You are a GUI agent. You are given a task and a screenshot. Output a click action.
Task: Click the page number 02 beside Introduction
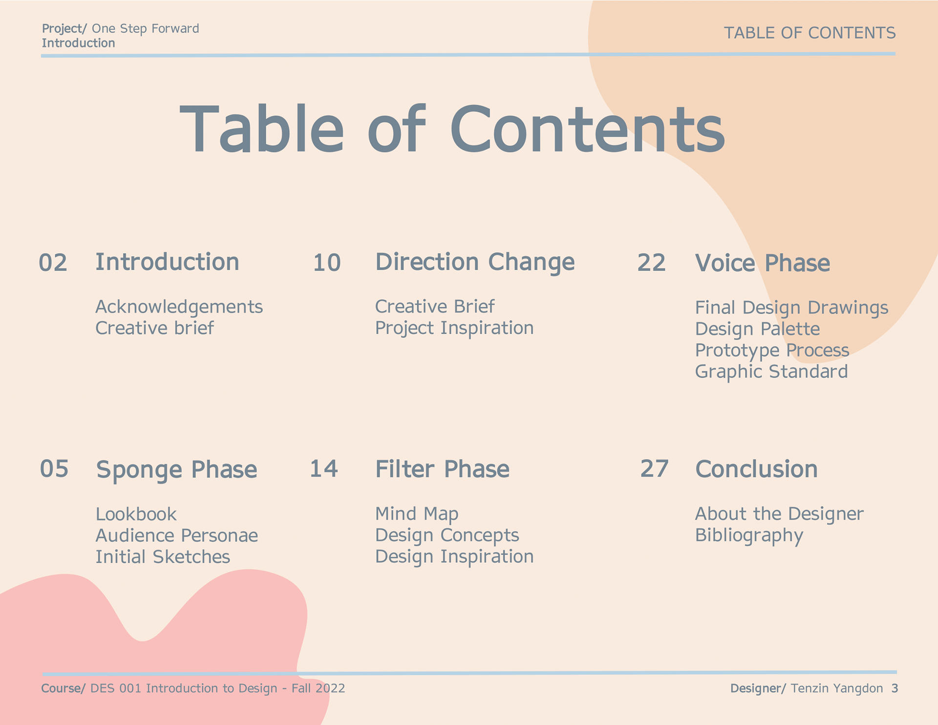pyautogui.click(x=53, y=263)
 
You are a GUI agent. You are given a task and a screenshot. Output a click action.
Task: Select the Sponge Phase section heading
pyautogui.click(x=176, y=470)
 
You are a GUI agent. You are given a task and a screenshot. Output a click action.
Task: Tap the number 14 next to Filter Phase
pyautogui.click(x=324, y=469)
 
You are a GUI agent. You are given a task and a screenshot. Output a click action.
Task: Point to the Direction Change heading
pyautogui.click(x=475, y=263)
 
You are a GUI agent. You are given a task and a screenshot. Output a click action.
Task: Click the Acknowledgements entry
pyautogui.click(x=179, y=307)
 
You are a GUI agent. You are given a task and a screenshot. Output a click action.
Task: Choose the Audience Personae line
pyautogui.click(x=177, y=535)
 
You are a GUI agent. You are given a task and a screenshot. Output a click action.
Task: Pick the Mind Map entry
pyautogui.click(x=417, y=514)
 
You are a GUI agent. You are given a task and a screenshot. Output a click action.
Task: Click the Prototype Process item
pyautogui.click(x=772, y=351)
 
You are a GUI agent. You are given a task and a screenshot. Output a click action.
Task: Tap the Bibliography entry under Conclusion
pyautogui.click(x=749, y=536)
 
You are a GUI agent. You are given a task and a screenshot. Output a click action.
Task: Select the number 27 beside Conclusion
pyautogui.click(x=654, y=469)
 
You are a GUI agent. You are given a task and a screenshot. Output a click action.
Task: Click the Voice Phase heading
pyautogui.click(x=763, y=263)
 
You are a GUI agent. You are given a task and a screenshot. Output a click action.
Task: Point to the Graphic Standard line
pyautogui.click(x=771, y=372)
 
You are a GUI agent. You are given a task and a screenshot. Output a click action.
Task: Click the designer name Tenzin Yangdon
pyautogui.click(x=837, y=688)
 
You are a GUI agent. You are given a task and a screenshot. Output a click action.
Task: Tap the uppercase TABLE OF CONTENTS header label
pyautogui.click(x=810, y=33)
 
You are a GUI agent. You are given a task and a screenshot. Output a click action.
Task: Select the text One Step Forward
pyautogui.click(x=146, y=28)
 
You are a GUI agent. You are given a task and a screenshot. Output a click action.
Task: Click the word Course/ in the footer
pyautogui.click(x=64, y=688)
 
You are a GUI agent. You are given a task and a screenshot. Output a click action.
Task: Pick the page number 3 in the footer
pyautogui.click(x=895, y=688)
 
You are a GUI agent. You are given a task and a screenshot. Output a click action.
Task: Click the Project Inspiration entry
pyautogui.click(x=454, y=328)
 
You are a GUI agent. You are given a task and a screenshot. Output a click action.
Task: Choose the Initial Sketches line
pyautogui.click(x=163, y=557)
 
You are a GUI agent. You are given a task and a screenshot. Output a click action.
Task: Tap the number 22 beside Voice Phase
pyautogui.click(x=651, y=263)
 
